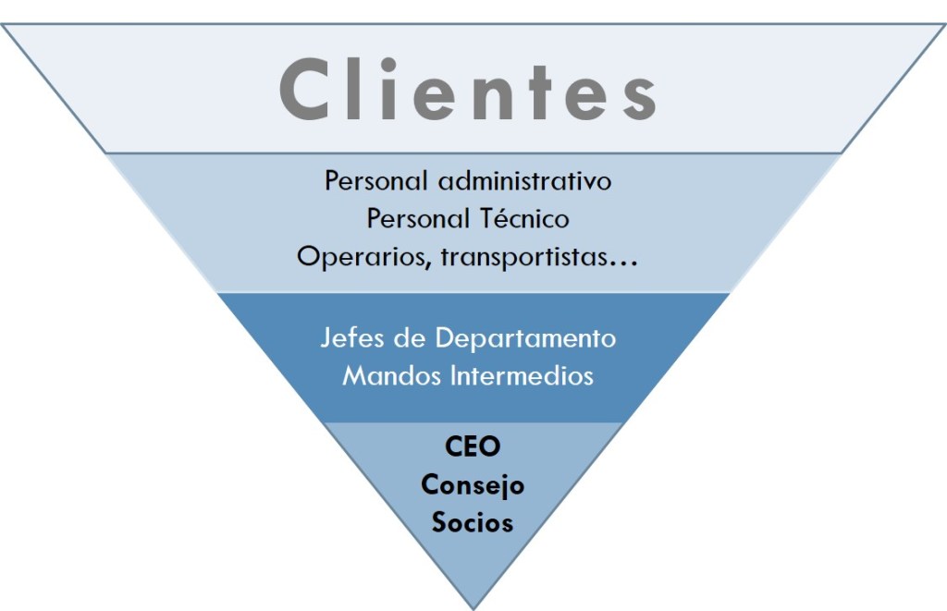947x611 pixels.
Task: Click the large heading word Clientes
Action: coord(468,91)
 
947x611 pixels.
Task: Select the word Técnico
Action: coord(524,219)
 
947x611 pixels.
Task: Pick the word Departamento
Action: coord(525,337)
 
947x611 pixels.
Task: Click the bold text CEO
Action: coord(473,447)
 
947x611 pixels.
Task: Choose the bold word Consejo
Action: coord(473,485)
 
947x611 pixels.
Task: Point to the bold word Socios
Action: coord(473,522)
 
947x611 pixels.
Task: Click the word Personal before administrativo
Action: coord(377,181)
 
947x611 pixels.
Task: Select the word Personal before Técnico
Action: coord(419,219)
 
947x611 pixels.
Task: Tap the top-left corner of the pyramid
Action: coord(4,25)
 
